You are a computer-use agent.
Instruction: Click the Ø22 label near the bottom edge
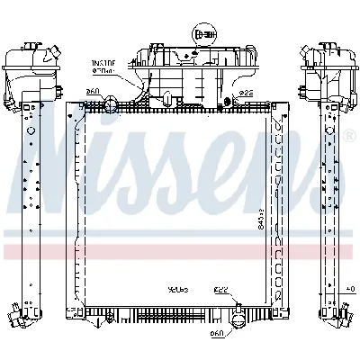(x=220, y=291)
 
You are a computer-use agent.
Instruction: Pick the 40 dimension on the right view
(x=349, y=290)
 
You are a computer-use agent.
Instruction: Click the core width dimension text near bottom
(x=176, y=291)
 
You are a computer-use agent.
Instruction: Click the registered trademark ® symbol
(x=348, y=136)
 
